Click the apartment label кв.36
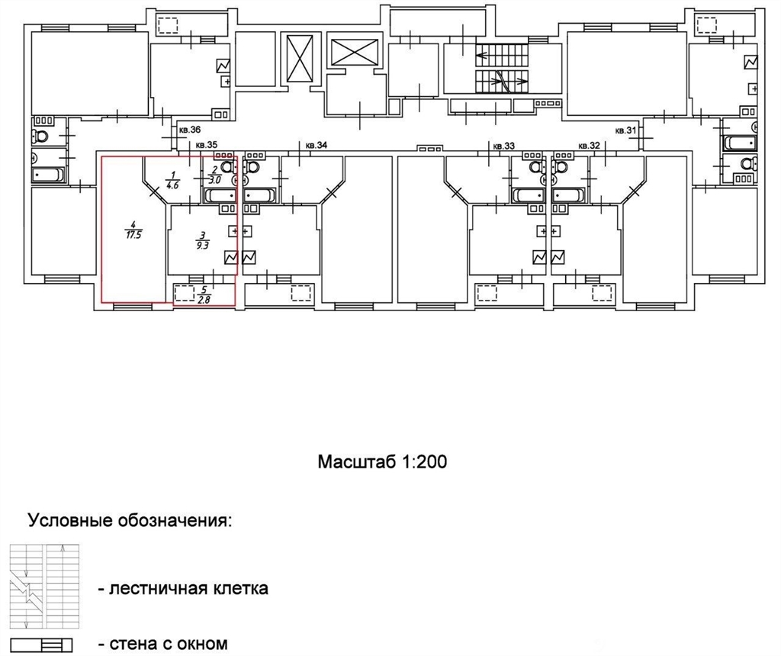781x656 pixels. click(x=190, y=130)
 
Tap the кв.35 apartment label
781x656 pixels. click(x=207, y=146)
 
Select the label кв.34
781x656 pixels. click(x=317, y=146)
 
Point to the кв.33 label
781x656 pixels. click(x=503, y=146)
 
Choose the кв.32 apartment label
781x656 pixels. click(x=590, y=146)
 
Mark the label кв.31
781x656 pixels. click(x=626, y=130)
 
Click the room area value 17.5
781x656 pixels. click(x=133, y=235)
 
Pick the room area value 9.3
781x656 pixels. click(x=201, y=245)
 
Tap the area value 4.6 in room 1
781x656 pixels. click(x=173, y=182)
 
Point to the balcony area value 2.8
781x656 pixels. click(x=204, y=299)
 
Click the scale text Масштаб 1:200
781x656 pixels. click(x=383, y=461)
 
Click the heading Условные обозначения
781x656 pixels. click(x=130, y=521)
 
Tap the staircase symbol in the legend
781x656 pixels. click(x=44, y=587)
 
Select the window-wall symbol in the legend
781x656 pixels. click(x=41, y=645)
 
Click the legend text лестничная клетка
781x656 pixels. click(x=183, y=588)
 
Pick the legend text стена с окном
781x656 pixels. click(x=163, y=644)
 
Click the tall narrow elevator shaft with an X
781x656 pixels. click(x=299, y=59)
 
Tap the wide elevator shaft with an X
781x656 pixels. click(x=354, y=52)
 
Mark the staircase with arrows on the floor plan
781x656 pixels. click(x=502, y=68)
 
